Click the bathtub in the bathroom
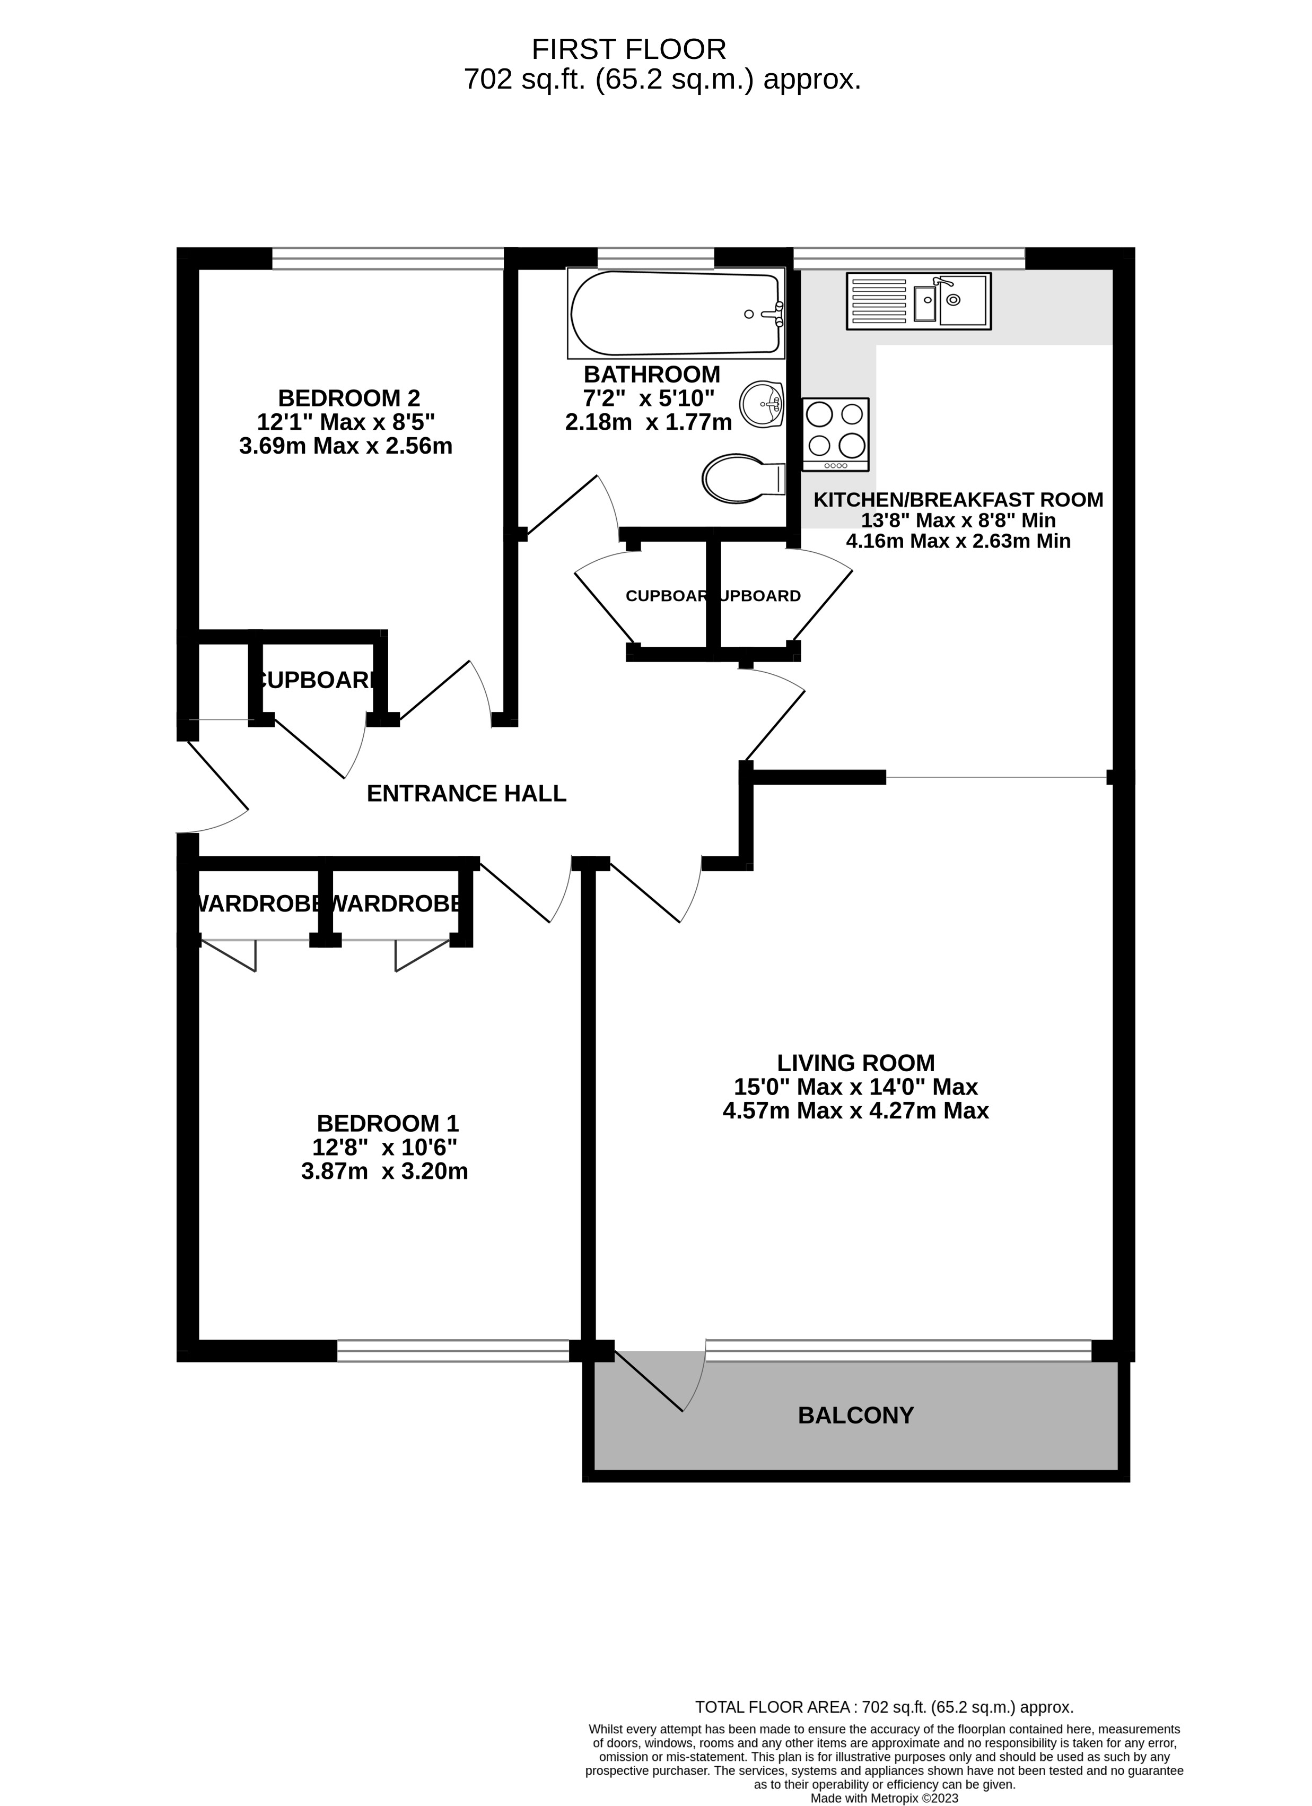(x=675, y=314)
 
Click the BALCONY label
(x=856, y=1415)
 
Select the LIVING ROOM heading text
(x=856, y=1063)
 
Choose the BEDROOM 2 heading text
(x=349, y=397)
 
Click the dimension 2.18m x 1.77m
(x=648, y=422)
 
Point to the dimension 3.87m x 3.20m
(x=384, y=1171)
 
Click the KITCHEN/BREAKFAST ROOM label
(x=958, y=500)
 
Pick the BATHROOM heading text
(x=651, y=374)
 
